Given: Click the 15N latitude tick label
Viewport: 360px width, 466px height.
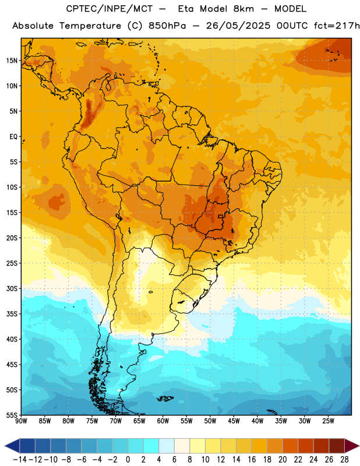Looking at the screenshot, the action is click(x=12, y=61).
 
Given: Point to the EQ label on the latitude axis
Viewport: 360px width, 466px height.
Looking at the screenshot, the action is click(x=13, y=137).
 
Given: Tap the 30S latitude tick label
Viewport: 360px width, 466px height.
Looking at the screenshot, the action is click(x=12, y=288).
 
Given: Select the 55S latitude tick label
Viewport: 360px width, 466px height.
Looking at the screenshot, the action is click(x=12, y=415).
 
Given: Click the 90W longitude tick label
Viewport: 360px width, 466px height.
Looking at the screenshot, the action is click(x=21, y=421).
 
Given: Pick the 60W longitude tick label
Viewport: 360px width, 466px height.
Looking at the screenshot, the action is click(x=163, y=421).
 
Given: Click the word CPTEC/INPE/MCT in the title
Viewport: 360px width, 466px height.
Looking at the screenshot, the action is click(x=109, y=9).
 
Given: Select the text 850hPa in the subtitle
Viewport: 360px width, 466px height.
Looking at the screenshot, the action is click(x=167, y=26).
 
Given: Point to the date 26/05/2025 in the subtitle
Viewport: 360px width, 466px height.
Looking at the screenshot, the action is click(x=238, y=26).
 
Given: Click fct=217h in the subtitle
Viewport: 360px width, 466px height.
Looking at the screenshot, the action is click(x=337, y=26).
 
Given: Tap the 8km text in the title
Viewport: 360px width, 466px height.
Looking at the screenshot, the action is click(x=243, y=9).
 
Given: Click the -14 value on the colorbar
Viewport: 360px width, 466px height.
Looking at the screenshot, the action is click(x=20, y=460).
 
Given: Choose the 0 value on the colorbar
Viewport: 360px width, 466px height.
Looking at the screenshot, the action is click(x=128, y=460).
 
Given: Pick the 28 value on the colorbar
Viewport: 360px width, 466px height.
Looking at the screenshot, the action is click(x=344, y=460).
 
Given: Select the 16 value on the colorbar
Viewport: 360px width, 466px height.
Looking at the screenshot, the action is click(x=252, y=460).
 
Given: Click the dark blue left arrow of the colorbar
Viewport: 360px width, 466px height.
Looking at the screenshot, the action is click(x=12, y=446).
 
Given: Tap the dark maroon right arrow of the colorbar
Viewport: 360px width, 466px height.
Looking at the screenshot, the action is click(x=352, y=446).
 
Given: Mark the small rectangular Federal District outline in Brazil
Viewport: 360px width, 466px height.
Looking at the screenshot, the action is click(x=221, y=216).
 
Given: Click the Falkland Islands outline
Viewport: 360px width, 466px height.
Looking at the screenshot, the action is click(x=165, y=398).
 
